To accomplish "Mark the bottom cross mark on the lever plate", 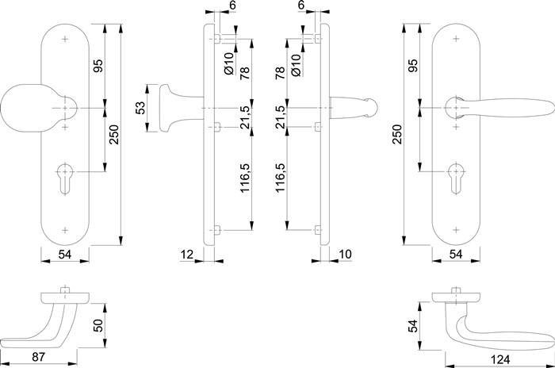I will point(457,228).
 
